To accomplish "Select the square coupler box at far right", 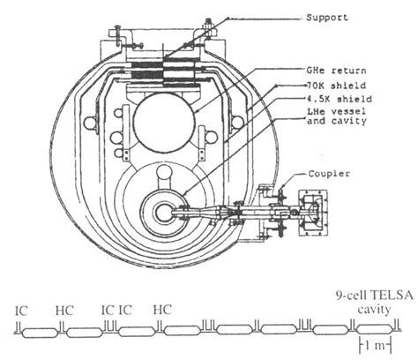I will pyautogui.click(x=314, y=210).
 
